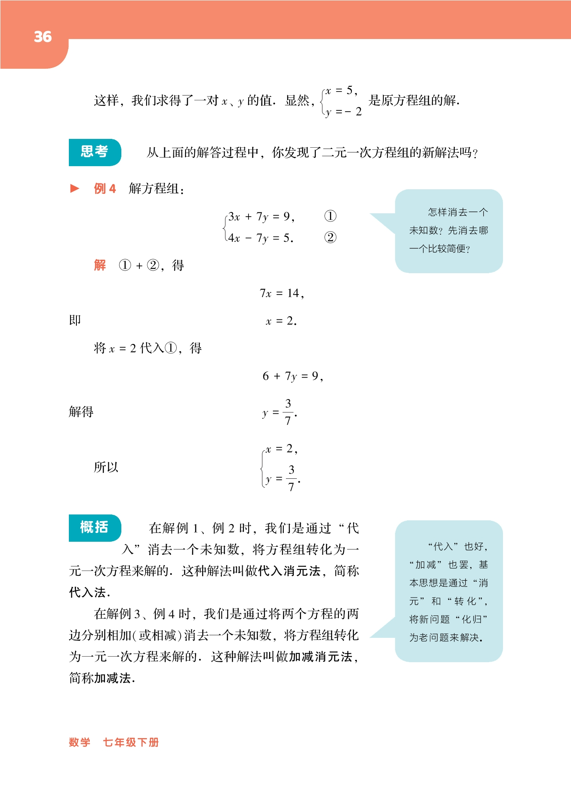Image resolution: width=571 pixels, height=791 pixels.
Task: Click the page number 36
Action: coord(43,37)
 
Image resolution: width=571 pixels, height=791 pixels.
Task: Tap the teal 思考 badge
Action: coord(95,152)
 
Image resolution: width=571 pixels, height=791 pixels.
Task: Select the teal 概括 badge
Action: coord(95,527)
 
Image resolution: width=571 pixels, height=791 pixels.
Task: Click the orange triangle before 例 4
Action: coord(75,188)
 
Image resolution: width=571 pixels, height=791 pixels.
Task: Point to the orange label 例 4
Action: coord(105,189)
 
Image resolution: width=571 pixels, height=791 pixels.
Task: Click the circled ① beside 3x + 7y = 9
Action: coord(330,216)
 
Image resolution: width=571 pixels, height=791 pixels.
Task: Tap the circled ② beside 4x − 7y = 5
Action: coord(330,238)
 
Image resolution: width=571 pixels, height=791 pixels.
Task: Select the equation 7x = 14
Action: coord(281,293)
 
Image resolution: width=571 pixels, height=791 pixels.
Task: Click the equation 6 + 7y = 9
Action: coord(293,376)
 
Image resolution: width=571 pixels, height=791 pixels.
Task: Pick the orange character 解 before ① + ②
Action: coord(100,265)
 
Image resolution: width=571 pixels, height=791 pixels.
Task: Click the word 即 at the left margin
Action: coord(75,321)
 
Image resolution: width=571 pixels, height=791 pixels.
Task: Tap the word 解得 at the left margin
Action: coord(81,412)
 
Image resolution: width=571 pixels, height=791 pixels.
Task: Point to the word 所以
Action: coord(106,467)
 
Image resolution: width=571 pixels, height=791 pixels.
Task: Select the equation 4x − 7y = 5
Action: coord(260,238)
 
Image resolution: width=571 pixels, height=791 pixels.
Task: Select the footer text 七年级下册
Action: coord(131,742)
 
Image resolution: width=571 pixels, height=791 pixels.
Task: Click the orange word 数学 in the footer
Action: coord(80,742)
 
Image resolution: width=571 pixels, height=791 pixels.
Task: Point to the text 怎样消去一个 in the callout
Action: coord(458,212)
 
